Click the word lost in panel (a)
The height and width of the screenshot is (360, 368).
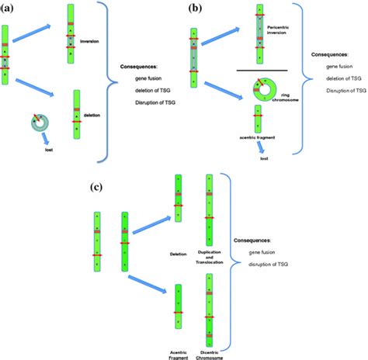tap(46, 156)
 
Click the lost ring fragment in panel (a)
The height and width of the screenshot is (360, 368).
tap(36, 125)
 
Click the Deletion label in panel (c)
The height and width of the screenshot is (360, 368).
tap(179, 253)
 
